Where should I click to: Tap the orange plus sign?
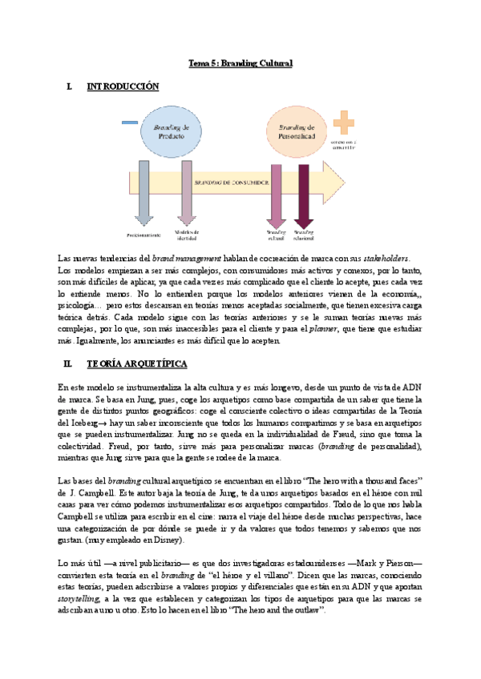[345, 123]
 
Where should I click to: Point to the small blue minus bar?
[129, 122]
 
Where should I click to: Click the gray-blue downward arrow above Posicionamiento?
[143, 192]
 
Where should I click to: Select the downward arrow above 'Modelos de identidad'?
[186, 192]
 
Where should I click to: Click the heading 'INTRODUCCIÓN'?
[123, 86]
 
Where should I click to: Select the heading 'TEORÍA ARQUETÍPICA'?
[136, 364]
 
